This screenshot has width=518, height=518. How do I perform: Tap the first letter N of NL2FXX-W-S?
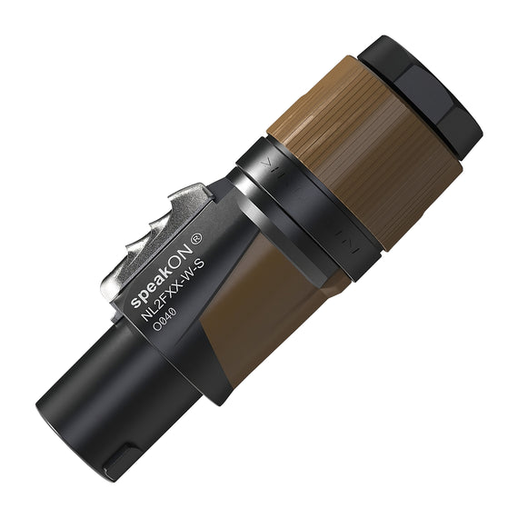146,314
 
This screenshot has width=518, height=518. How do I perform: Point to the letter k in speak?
171,264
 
